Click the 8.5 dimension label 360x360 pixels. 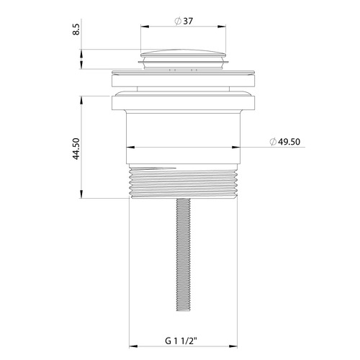pyautogui.click(x=76, y=30)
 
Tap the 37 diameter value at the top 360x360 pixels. pyautogui.click(x=188, y=21)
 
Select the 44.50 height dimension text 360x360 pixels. pyautogui.click(x=76, y=149)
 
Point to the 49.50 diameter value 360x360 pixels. pyautogui.click(x=289, y=142)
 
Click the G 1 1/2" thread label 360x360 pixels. pyautogui.click(x=181, y=341)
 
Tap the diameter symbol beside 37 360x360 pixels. pyautogui.click(x=178, y=21)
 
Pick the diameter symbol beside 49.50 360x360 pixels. pyautogui.click(x=273, y=142)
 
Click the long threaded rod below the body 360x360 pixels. pyautogui.click(x=184, y=255)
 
